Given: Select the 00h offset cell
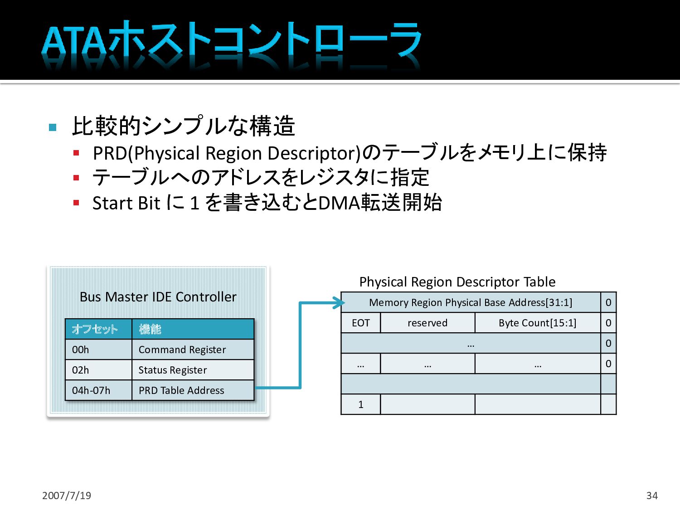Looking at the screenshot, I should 98,350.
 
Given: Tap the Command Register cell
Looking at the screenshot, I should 193,350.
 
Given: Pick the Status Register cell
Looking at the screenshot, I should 193,370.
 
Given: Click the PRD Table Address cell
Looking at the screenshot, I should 193,390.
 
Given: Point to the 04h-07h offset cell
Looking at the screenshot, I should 98,390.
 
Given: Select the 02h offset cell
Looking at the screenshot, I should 98,370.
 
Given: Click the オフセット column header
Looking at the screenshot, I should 98,329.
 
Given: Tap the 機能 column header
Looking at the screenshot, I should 193,329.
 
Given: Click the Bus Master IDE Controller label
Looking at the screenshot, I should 158,297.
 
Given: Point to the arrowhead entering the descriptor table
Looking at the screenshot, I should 339,302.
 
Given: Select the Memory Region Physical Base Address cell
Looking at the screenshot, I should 471,302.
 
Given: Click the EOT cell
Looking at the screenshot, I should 360,323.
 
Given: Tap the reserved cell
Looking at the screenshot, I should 427,323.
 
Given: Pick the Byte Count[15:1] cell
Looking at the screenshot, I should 538,323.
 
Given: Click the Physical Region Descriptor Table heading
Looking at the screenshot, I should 457,282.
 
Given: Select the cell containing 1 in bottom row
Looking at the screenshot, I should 360,404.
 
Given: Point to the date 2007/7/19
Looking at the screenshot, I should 67,495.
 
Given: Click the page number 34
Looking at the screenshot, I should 652,495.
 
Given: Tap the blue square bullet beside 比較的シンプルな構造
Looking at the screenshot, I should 53,127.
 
